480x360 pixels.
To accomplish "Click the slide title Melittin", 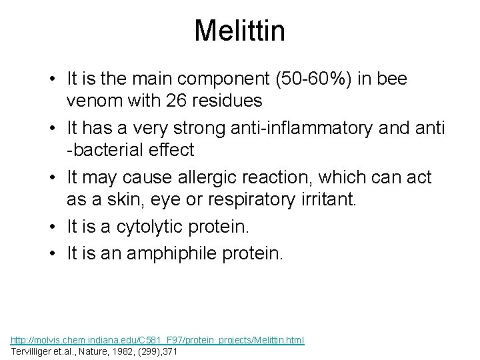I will click(x=239, y=31).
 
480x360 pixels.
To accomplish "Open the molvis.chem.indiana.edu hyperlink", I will click(x=158, y=340).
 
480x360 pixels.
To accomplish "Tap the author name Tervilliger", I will click(x=33, y=351).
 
